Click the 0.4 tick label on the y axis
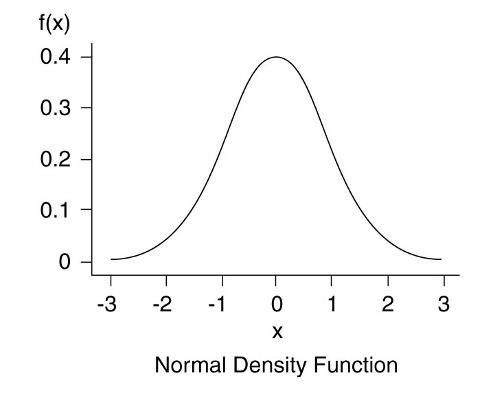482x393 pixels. [x=56, y=57]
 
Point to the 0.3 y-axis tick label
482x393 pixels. [x=56, y=108]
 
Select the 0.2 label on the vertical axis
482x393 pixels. [x=56, y=160]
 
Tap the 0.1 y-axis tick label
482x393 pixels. [x=56, y=211]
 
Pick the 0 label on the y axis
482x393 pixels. [x=66, y=262]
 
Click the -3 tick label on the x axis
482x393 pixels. [x=107, y=304]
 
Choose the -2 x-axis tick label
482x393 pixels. [x=163, y=304]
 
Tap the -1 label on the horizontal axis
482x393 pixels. [x=218, y=304]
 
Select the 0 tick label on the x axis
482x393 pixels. [x=276, y=304]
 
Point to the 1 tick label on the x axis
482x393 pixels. [x=332, y=304]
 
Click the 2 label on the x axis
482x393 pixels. [x=388, y=304]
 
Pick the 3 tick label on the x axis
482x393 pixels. [x=444, y=304]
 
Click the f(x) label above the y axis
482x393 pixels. [x=54, y=24]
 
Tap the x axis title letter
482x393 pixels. [x=277, y=333]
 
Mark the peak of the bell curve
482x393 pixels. [x=276, y=57]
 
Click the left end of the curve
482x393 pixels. [x=111, y=259]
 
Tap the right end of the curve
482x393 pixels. [x=441, y=259]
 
